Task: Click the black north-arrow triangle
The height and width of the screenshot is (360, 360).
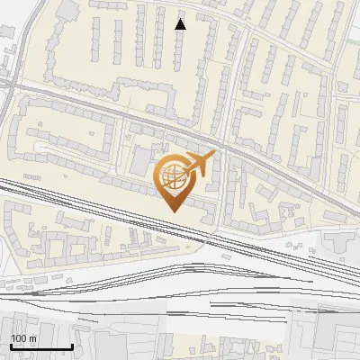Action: pos(180,23)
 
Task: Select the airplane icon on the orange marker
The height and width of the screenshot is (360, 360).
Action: pos(199,163)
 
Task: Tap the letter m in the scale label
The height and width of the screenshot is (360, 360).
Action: pos(32,338)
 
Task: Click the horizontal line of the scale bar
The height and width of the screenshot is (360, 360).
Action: pos(41,346)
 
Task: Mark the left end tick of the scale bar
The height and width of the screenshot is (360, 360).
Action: pos(12,345)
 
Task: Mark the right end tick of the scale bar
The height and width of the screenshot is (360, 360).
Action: pos(72,345)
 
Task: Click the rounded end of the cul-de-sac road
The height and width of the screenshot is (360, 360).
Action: pos(38,147)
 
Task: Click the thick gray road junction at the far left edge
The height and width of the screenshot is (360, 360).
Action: pos(4,83)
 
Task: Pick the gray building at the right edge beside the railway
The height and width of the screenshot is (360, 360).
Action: pos(342,241)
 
